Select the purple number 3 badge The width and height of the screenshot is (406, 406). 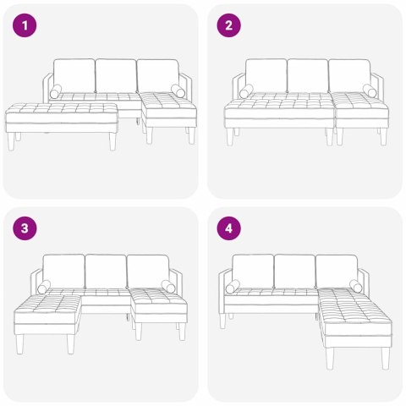(x=26, y=229)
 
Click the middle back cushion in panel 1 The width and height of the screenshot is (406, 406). (x=116, y=75)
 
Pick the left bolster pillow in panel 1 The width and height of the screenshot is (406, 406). (x=56, y=92)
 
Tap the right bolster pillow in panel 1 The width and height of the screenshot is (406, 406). (x=178, y=91)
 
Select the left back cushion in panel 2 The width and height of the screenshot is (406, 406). (x=266, y=75)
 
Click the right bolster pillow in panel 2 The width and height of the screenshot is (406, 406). (x=370, y=91)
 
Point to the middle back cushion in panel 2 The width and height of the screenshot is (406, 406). (x=307, y=75)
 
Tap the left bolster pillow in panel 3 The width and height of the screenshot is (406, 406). (x=44, y=287)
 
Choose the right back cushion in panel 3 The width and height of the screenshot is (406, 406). (x=148, y=271)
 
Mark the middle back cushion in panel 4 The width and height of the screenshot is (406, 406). (x=294, y=271)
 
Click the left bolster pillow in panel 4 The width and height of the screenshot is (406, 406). (x=233, y=287)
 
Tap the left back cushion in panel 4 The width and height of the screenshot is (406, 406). (x=253, y=271)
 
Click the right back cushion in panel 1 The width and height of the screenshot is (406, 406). (x=157, y=75)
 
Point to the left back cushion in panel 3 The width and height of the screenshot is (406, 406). (x=64, y=271)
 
